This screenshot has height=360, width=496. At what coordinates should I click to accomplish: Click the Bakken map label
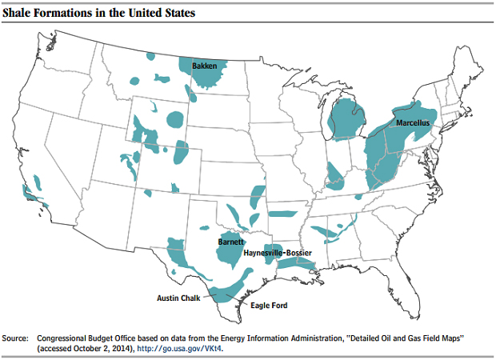pos(204,66)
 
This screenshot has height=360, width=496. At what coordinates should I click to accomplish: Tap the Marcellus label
pos(413,124)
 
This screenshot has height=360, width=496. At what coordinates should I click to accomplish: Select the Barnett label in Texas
pos(231,241)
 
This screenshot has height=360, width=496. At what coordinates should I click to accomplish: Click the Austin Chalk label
pos(177,298)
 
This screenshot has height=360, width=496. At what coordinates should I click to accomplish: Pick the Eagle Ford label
pos(269,305)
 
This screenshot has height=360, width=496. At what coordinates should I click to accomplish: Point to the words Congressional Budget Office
pos(79,338)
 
